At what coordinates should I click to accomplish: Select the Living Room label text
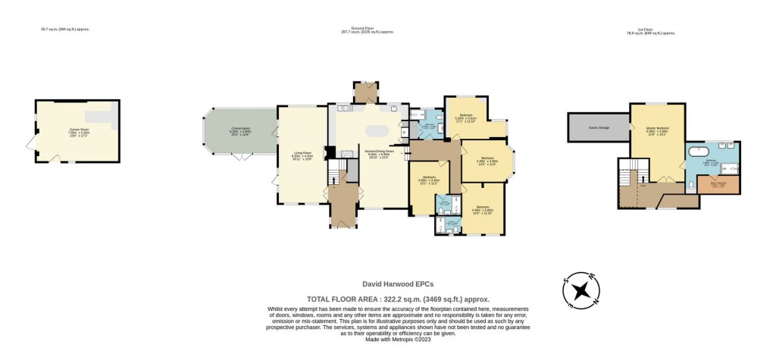[302, 156]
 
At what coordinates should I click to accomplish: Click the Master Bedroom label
[657, 130]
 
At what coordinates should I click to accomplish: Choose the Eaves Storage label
[599, 127]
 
